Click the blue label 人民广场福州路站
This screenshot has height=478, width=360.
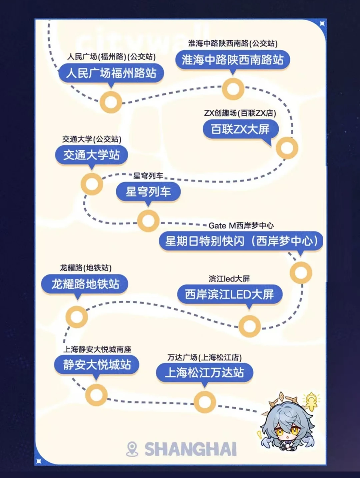(x=111, y=73)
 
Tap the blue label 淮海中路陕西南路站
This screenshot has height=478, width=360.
(x=232, y=60)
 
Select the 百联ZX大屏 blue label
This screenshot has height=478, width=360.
(x=240, y=129)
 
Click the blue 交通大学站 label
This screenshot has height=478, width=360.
(x=91, y=155)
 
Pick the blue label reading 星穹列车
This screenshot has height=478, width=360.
(x=148, y=192)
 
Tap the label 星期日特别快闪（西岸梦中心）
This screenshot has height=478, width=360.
(x=241, y=241)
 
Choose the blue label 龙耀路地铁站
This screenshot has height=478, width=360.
(x=85, y=284)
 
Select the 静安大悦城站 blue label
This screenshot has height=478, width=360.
(x=97, y=364)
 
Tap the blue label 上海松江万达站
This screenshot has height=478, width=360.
(x=204, y=372)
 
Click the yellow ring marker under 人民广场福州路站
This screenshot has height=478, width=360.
(x=111, y=102)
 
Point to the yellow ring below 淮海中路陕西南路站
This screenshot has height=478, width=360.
(x=233, y=89)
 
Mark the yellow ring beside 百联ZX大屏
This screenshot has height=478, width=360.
(x=287, y=148)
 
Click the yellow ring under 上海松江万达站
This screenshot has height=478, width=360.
(x=205, y=402)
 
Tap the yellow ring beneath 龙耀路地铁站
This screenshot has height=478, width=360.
(x=77, y=317)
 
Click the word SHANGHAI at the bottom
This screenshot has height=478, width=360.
(x=191, y=449)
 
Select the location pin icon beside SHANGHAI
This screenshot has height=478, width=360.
(x=132, y=449)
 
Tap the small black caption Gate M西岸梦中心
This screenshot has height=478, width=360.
(x=241, y=226)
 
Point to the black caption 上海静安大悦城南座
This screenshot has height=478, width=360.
(x=97, y=349)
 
